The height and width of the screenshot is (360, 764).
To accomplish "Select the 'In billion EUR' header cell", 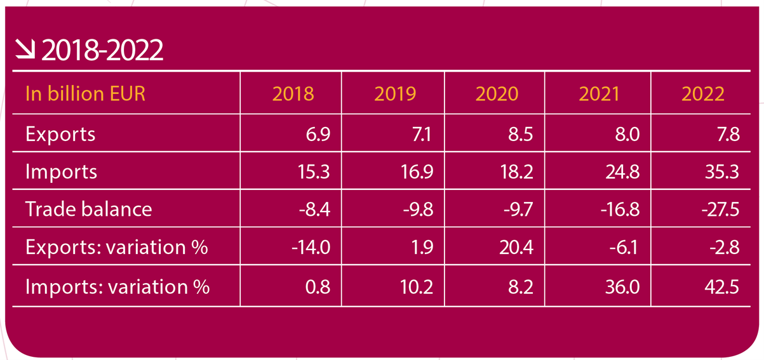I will click(x=85, y=94).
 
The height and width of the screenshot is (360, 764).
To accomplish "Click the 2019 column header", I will click(x=394, y=94).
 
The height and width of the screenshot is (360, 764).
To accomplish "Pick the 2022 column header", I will click(x=702, y=94).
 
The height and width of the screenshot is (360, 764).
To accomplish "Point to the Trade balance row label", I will click(x=88, y=209).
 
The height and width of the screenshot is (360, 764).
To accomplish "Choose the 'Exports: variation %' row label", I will click(x=117, y=247).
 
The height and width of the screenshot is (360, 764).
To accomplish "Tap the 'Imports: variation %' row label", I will click(x=117, y=286).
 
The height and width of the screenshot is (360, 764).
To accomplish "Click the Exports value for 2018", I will click(x=316, y=134).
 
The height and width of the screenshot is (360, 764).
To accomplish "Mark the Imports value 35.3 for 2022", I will click(x=723, y=171).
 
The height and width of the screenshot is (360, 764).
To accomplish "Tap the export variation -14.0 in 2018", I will click(x=311, y=247).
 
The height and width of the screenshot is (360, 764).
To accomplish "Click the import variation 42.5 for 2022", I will click(x=723, y=286).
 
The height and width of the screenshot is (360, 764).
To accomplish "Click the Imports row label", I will click(x=61, y=171).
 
